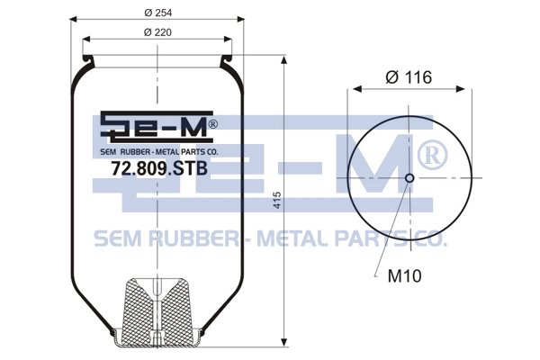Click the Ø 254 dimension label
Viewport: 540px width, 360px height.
158,13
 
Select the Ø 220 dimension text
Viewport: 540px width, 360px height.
157,32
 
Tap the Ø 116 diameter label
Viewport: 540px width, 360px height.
409,77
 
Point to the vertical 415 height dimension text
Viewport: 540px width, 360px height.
277,200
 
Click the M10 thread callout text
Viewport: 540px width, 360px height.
404,276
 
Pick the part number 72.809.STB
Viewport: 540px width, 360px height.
159,168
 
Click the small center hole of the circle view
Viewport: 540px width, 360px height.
409,178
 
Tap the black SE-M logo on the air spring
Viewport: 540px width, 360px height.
157,127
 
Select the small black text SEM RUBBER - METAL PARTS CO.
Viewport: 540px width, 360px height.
159,151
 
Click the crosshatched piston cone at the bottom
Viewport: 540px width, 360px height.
157,302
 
